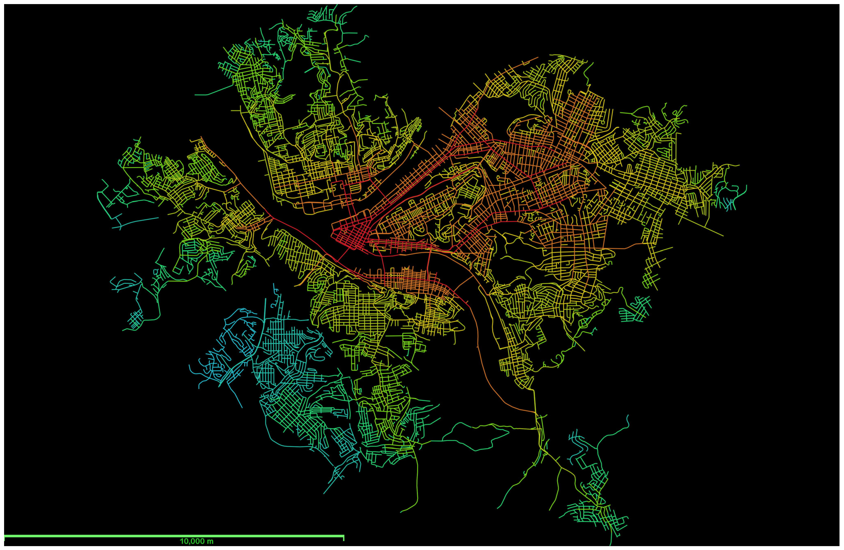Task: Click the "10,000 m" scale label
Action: point(197,541)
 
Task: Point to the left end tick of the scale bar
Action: point(5,538)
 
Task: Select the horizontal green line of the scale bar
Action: point(174,535)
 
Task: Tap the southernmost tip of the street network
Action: point(611,544)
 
